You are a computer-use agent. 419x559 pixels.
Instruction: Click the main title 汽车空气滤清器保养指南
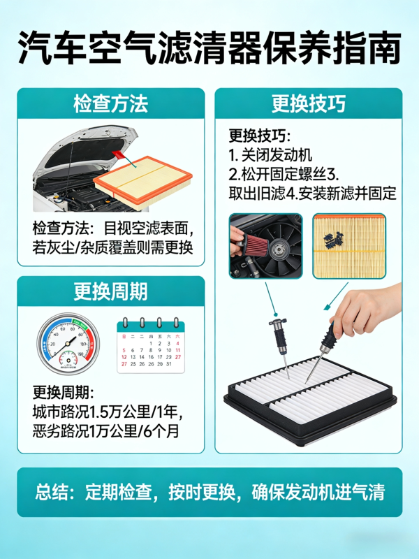(209, 48)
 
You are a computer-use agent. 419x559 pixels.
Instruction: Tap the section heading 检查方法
(111, 103)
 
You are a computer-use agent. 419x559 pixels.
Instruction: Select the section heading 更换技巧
(309, 103)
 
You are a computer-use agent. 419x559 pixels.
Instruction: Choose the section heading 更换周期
(111, 291)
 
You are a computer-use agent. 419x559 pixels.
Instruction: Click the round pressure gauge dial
(68, 344)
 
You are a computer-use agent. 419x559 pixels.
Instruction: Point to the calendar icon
(151, 345)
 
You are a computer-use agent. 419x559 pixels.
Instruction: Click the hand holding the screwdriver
(367, 310)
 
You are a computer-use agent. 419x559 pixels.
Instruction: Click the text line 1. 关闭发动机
(270, 155)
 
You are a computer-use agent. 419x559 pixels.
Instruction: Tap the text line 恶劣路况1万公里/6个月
(106, 430)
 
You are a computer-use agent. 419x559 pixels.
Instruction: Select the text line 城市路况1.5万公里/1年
(108, 412)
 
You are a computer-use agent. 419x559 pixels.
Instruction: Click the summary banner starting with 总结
(210, 492)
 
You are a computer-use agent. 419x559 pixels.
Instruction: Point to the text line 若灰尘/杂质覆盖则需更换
(112, 247)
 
